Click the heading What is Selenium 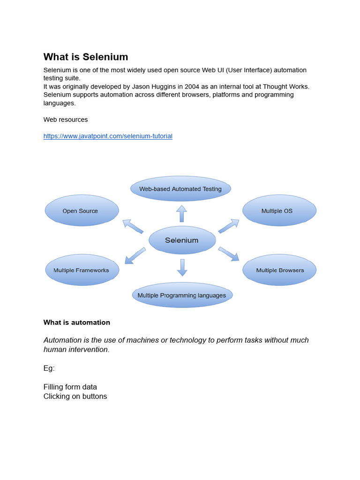pos(86,57)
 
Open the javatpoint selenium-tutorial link pos(108,136)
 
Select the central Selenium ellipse pos(182,240)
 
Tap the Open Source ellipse pos(82,210)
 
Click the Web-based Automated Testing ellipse pos(180,189)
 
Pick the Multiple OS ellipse pos(279,210)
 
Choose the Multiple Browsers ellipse pos(279,270)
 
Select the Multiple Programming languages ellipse pos(182,295)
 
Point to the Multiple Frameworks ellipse pos(82,270)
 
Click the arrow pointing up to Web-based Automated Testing pos(181,213)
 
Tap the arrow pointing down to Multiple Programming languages pos(182,267)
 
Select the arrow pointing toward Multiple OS pos(229,225)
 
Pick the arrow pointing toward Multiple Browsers pos(229,254)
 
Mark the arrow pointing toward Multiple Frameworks pos(135,255)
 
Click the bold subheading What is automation pos(77,322)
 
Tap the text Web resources pos(66,120)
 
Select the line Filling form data pos(70,387)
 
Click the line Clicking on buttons pos(75,396)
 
